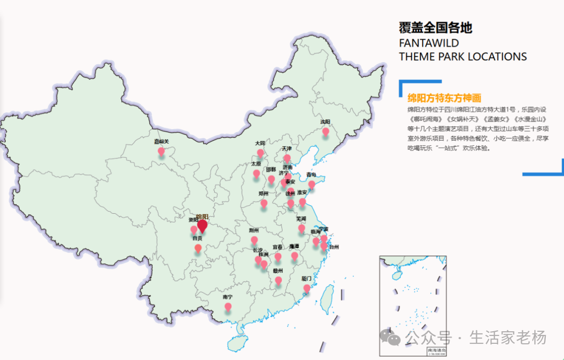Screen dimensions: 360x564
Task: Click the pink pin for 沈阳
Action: (x=326, y=131)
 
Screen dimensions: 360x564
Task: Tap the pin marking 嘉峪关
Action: (x=161, y=152)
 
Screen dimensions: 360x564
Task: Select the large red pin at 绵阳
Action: (x=202, y=226)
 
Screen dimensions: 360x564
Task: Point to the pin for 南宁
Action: (x=228, y=307)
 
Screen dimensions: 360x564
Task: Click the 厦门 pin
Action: (x=307, y=288)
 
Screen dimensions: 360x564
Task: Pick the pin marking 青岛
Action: (x=312, y=184)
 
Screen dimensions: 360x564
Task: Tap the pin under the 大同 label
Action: (x=260, y=153)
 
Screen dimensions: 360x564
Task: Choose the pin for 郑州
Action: (x=264, y=203)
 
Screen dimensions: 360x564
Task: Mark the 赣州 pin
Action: (x=278, y=281)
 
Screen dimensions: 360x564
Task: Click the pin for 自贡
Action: (x=198, y=248)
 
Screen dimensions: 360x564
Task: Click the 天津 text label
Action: (x=287, y=148)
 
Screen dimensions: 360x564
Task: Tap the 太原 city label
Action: (x=256, y=164)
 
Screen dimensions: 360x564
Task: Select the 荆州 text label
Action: (x=254, y=230)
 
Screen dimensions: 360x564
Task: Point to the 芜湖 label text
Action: (x=301, y=218)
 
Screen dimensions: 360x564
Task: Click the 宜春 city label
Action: (x=277, y=247)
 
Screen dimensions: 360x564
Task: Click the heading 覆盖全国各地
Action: (x=436, y=28)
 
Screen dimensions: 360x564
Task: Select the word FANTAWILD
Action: (x=429, y=43)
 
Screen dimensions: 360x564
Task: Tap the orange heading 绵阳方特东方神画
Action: (x=444, y=98)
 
